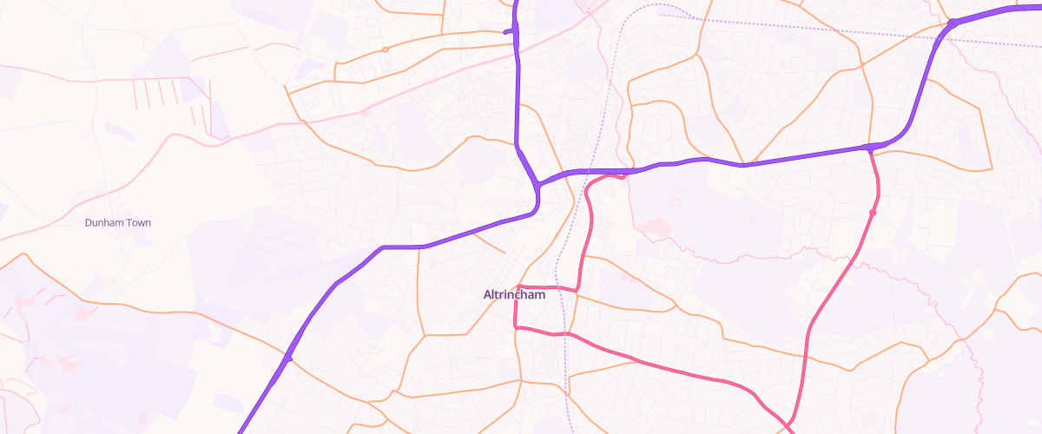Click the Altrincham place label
coord(514,294)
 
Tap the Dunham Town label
coord(118,223)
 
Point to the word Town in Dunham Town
coord(137,223)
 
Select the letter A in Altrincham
coord(487,294)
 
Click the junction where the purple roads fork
coord(537,185)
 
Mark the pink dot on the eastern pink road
coord(873,212)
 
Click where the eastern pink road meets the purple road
coord(869,148)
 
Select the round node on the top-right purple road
coord(952,23)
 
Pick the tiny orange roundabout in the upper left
coord(385,49)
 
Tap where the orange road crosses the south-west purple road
coord(288,358)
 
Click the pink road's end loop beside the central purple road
coord(623,176)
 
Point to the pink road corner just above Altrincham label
coord(518,286)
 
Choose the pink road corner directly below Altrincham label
coord(516,326)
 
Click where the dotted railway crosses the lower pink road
coord(565,333)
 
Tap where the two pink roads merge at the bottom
coord(790,425)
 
